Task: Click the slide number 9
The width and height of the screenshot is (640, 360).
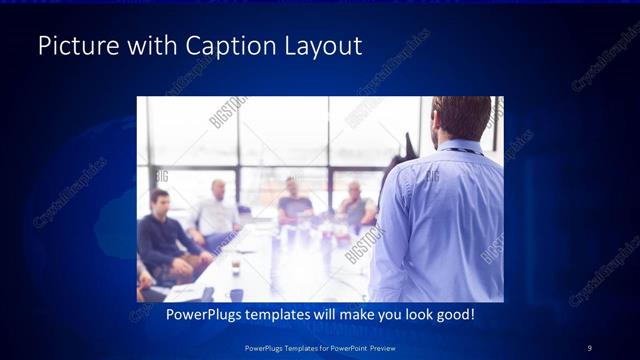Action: point(589,347)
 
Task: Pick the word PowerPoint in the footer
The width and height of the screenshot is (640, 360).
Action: point(348,347)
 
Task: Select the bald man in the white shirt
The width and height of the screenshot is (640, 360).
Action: point(217,210)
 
